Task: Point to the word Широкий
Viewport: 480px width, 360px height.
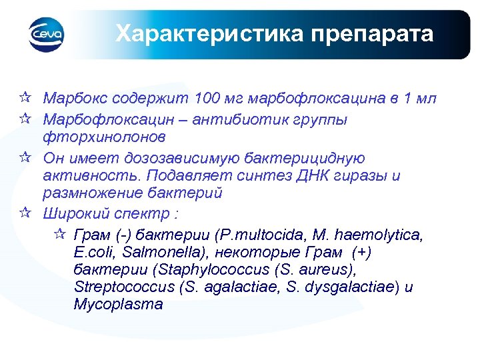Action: coord(72,215)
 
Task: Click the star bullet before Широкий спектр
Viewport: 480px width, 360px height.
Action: coord(25,214)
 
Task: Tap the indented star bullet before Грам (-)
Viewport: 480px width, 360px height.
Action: coord(58,234)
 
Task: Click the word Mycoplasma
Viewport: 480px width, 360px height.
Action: coord(119,305)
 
